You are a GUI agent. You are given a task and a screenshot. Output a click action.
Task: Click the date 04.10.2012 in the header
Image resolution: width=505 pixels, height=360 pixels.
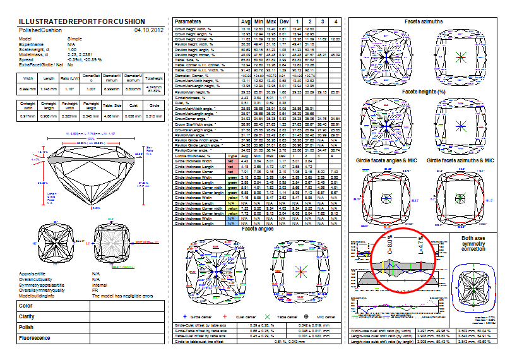tap(149, 30)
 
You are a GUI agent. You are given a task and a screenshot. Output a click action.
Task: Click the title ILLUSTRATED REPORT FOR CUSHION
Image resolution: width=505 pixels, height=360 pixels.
tap(82, 21)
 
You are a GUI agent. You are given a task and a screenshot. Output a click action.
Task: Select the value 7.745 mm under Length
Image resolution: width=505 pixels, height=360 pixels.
tap(48, 90)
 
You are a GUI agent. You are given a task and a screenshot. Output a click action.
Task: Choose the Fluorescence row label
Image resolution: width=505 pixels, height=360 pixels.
tap(35, 338)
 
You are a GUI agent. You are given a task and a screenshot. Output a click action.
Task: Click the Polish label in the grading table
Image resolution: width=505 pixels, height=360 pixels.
tap(27, 327)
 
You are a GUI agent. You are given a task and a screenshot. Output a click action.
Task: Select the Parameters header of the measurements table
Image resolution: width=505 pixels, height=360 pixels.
tap(191, 21)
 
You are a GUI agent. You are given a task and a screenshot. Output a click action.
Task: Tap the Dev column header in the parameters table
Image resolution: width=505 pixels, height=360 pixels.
tap(284, 21)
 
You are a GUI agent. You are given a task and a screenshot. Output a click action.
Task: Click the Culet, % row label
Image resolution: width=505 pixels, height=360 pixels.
tap(184, 103)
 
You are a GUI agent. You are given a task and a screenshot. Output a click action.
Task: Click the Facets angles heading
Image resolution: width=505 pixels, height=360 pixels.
tap(257, 229)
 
